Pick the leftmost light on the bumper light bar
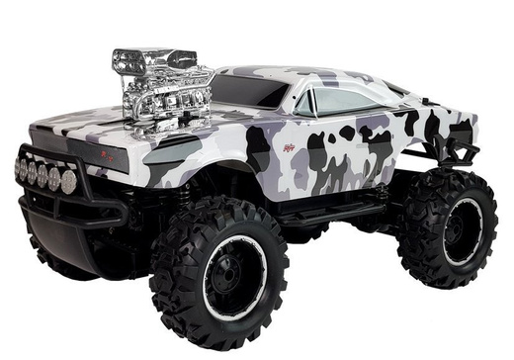point(19,167)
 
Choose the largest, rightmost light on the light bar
point(68,181)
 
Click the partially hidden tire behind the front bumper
point(59,259)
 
